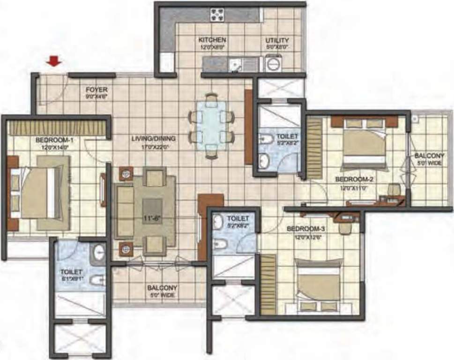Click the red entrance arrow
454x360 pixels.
(x=55, y=61)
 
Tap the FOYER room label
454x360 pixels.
(x=97, y=89)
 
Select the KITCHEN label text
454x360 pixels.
(x=212, y=40)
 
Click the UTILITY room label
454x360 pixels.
(x=277, y=40)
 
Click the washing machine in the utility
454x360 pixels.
(x=273, y=63)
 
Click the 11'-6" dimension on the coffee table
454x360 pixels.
(x=151, y=217)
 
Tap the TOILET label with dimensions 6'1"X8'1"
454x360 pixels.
(x=71, y=271)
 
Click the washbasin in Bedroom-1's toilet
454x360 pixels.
(x=99, y=253)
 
